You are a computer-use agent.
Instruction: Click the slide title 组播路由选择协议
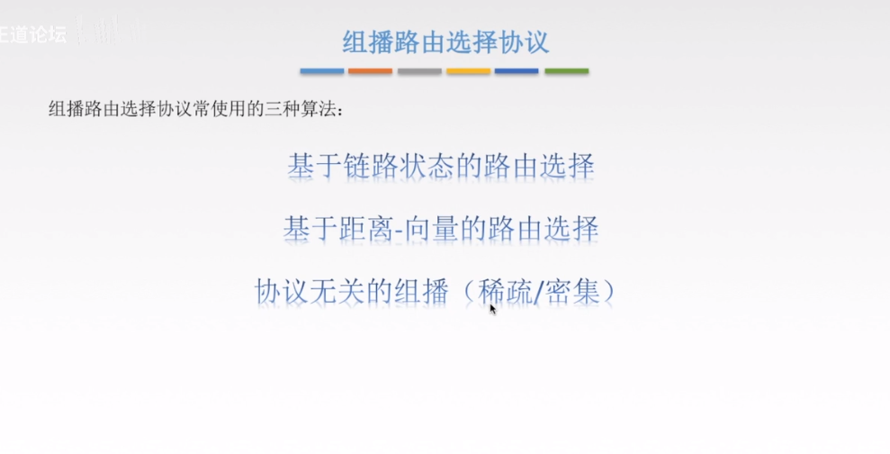[x=445, y=41]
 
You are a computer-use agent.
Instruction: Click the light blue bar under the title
[x=322, y=71]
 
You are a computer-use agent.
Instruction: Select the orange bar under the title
[x=371, y=71]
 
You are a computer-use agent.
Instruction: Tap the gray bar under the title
[x=419, y=71]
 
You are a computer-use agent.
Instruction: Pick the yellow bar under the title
[x=468, y=71]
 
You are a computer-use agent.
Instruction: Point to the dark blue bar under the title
[x=517, y=71]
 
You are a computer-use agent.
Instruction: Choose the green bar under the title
[x=566, y=71]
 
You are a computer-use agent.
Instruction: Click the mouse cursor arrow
[x=492, y=308]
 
